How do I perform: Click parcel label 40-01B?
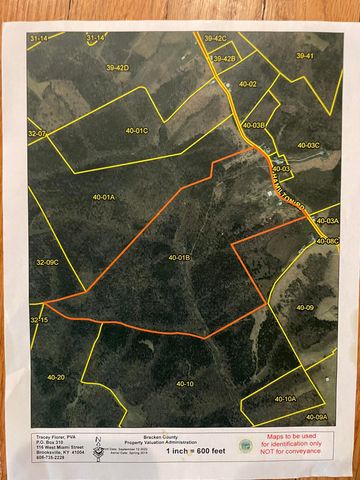(179, 258)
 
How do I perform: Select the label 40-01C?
(135, 131)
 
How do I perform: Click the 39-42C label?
(215, 38)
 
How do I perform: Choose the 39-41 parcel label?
(304, 56)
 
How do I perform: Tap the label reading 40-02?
(247, 84)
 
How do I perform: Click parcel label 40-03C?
(306, 145)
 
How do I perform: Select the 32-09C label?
(48, 262)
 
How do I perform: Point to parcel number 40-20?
(55, 377)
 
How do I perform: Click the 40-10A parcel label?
(283, 398)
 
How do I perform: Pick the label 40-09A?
(316, 416)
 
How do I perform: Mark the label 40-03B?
(253, 125)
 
